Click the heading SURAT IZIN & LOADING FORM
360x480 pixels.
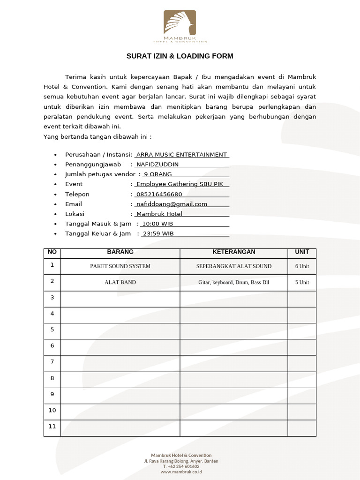(180, 56)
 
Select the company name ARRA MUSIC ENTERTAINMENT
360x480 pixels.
(181, 155)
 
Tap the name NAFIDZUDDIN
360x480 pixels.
(157, 165)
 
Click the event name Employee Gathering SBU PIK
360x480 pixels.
(180, 184)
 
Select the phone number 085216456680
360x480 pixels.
(159, 194)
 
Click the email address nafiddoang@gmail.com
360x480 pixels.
(172, 204)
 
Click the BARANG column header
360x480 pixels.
(120, 252)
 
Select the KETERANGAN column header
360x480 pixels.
(233, 252)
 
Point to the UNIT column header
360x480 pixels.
(302, 252)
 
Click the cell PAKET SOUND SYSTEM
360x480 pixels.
(120, 266)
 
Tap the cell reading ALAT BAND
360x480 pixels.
(120, 283)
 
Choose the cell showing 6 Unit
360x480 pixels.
(302, 266)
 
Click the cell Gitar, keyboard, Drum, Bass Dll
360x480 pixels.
(233, 283)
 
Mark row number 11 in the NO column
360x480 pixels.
(52, 427)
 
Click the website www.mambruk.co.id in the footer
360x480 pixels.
(181, 472)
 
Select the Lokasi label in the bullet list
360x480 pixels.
(75, 214)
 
